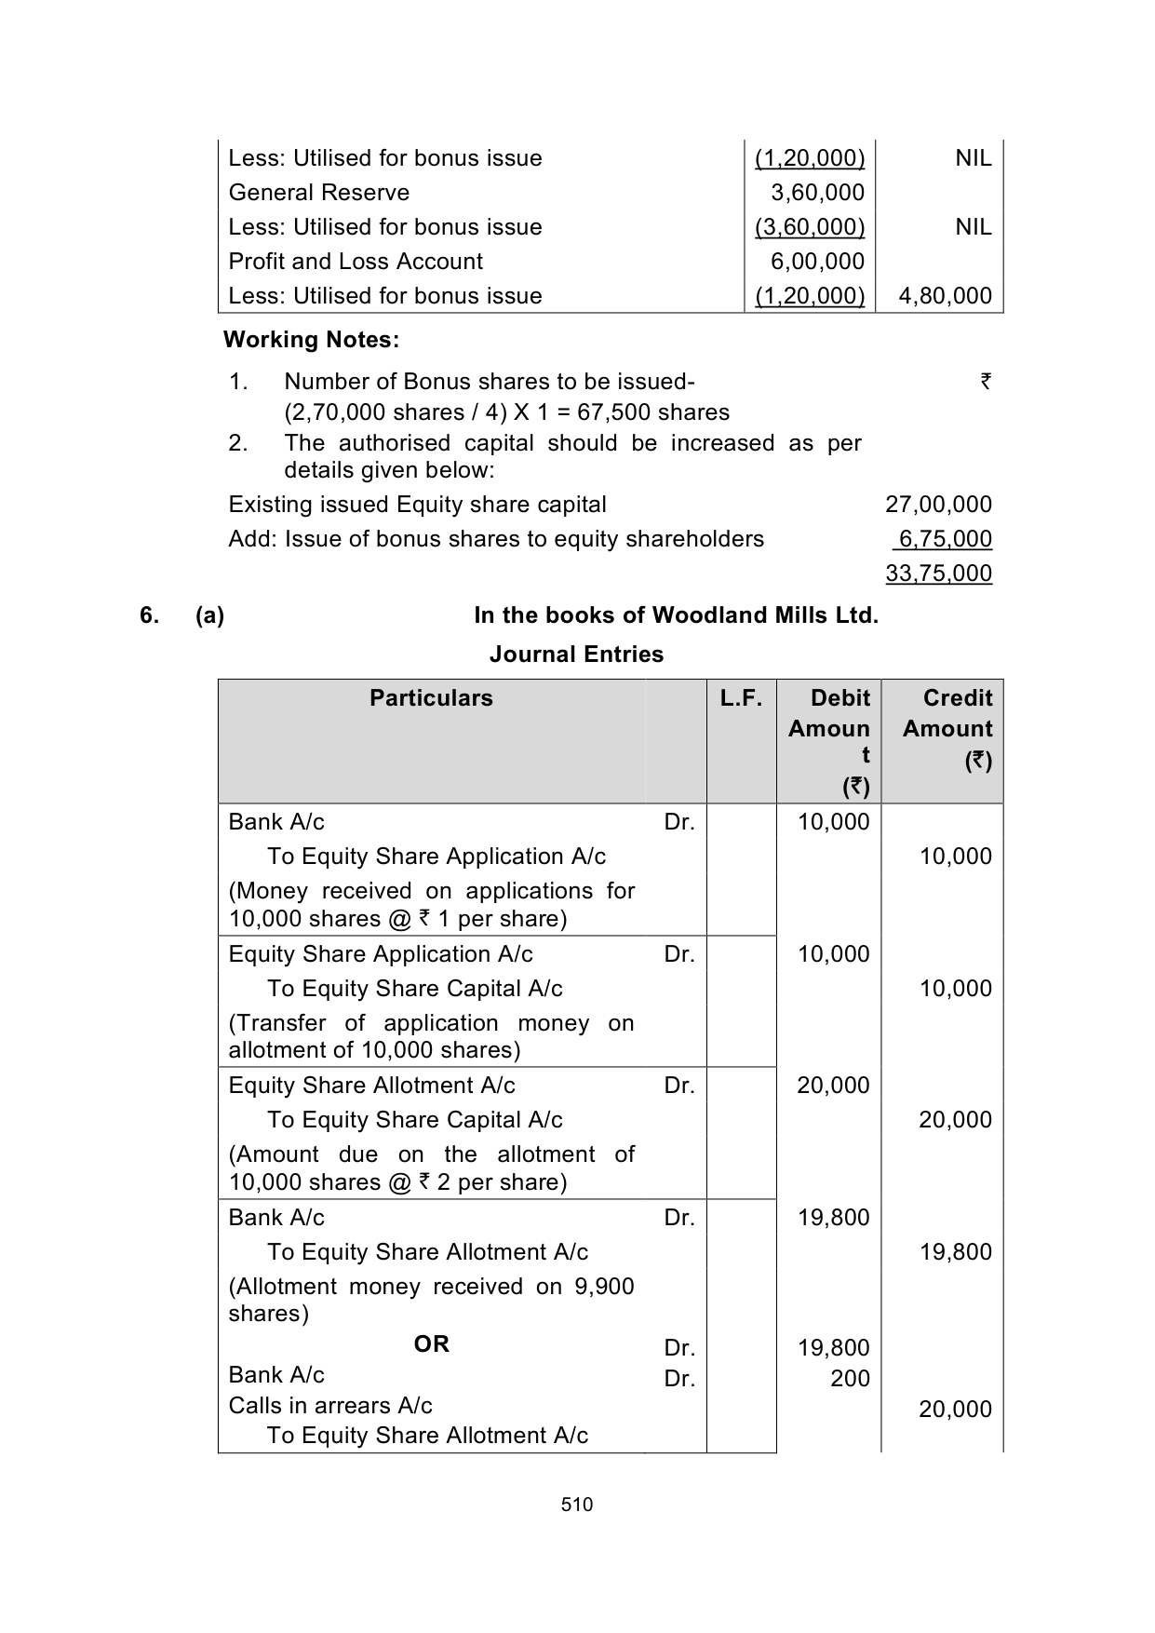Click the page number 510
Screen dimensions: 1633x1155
(x=577, y=1505)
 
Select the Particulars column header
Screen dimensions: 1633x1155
(x=431, y=698)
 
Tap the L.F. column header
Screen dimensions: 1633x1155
(x=741, y=698)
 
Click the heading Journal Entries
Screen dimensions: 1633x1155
(x=576, y=655)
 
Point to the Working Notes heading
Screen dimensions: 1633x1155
(x=311, y=340)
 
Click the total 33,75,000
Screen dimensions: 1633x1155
(x=938, y=574)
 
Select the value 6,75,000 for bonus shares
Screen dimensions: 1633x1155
(x=942, y=539)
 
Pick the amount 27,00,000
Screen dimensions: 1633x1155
(x=938, y=505)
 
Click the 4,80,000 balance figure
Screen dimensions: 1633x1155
(x=946, y=296)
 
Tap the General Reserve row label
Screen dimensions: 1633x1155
(x=318, y=193)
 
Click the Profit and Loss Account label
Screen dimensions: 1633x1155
(x=356, y=262)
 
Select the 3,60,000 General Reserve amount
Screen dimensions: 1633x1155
(x=818, y=193)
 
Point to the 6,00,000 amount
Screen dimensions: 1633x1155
(x=818, y=262)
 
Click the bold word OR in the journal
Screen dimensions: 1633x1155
(x=431, y=1343)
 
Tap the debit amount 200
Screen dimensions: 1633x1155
(x=850, y=1379)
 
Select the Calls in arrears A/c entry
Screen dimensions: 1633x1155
(x=330, y=1406)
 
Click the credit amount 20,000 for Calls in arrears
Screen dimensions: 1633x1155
(x=955, y=1410)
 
